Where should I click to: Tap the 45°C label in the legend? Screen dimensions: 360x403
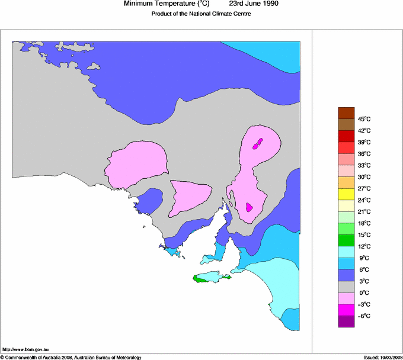(364, 119)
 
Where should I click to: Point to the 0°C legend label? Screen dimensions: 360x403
(364, 292)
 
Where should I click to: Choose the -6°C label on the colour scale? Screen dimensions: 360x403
(363, 316)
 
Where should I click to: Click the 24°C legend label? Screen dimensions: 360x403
(364, 200)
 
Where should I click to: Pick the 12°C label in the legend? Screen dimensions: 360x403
(364, 246)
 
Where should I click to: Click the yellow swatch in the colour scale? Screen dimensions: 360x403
(346, 194)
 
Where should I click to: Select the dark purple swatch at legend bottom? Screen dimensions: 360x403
(346, 322)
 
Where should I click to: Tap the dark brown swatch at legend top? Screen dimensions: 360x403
(346, 113)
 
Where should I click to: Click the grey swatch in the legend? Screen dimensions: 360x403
(346, 287)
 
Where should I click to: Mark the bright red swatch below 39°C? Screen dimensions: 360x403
(346, 148)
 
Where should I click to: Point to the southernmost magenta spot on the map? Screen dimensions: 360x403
(250, 207)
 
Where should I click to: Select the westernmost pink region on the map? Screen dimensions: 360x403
(136, 162)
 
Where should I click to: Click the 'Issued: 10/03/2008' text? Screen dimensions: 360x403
(383, 357)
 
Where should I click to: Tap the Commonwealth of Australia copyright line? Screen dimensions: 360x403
(71, 357)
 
